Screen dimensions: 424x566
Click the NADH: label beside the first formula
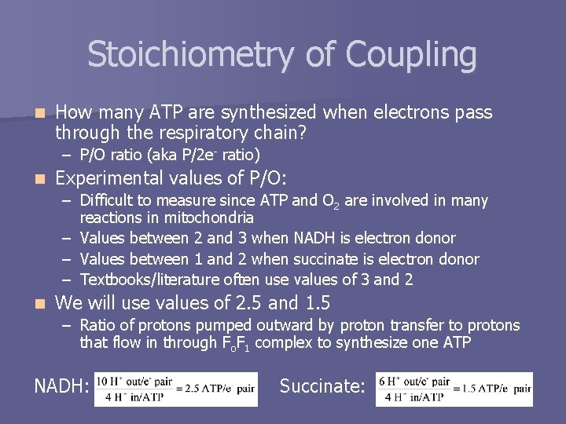(x=61, y=386)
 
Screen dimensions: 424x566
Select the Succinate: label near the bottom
(x=322, y=386)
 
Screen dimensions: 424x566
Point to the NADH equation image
(x=175, y=389)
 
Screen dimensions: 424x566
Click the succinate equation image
(x=454, y=389)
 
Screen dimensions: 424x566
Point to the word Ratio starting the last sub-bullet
(x=98, y=325)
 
